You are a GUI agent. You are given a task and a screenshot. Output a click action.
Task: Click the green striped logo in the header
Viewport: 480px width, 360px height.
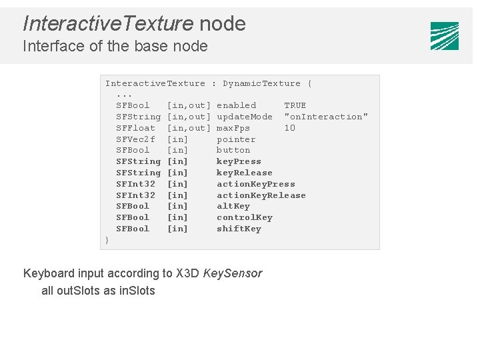(x=444, y=36)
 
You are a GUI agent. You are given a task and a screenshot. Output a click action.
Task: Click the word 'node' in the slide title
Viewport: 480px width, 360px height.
(x=223, y=24)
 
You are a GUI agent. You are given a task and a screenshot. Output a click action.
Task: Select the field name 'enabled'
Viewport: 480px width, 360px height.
(x=236, y=105)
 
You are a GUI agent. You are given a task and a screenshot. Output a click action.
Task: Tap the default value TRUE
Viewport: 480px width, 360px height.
(x=295, y=105)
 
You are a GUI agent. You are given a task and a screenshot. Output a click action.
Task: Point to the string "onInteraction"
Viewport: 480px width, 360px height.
(x=326, y=117)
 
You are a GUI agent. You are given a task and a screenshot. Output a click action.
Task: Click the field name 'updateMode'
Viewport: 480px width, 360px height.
(x=245, y=117)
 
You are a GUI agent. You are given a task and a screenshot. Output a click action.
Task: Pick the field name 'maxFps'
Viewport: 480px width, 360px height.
(x=233, y=128)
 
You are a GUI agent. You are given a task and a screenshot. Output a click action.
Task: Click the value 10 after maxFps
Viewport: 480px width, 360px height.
(x=289, y=128)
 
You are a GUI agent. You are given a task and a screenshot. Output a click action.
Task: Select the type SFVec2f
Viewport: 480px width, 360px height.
(x=135, y=139)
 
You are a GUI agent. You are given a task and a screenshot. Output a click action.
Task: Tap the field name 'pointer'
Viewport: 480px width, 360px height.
(x=236, y=139)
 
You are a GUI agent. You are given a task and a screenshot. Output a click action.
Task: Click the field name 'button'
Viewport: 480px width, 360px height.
(x=233, y=150)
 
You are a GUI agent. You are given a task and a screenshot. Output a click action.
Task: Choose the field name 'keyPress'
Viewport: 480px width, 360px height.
(x=239, y=161)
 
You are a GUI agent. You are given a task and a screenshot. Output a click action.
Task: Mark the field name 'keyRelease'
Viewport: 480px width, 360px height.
(x=245, y=173)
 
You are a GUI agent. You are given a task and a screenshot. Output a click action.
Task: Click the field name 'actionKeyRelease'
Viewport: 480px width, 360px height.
(x=261, y=195)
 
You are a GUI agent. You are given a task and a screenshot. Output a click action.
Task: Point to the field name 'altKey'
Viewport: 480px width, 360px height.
(x=233, y=206)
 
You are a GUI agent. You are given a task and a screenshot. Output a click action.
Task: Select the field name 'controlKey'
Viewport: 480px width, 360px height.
(x=245, y=217)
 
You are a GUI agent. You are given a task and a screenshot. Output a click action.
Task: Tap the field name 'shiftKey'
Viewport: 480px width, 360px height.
(x=239, y=229)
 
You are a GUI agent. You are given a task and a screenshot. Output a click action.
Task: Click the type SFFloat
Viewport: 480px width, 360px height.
(x=135, y=128)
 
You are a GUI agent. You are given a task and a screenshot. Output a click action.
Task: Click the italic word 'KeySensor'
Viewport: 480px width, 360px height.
(x=233, y=273)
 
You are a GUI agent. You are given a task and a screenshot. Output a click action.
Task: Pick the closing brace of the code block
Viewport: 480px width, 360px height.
(x=107, y=239)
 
